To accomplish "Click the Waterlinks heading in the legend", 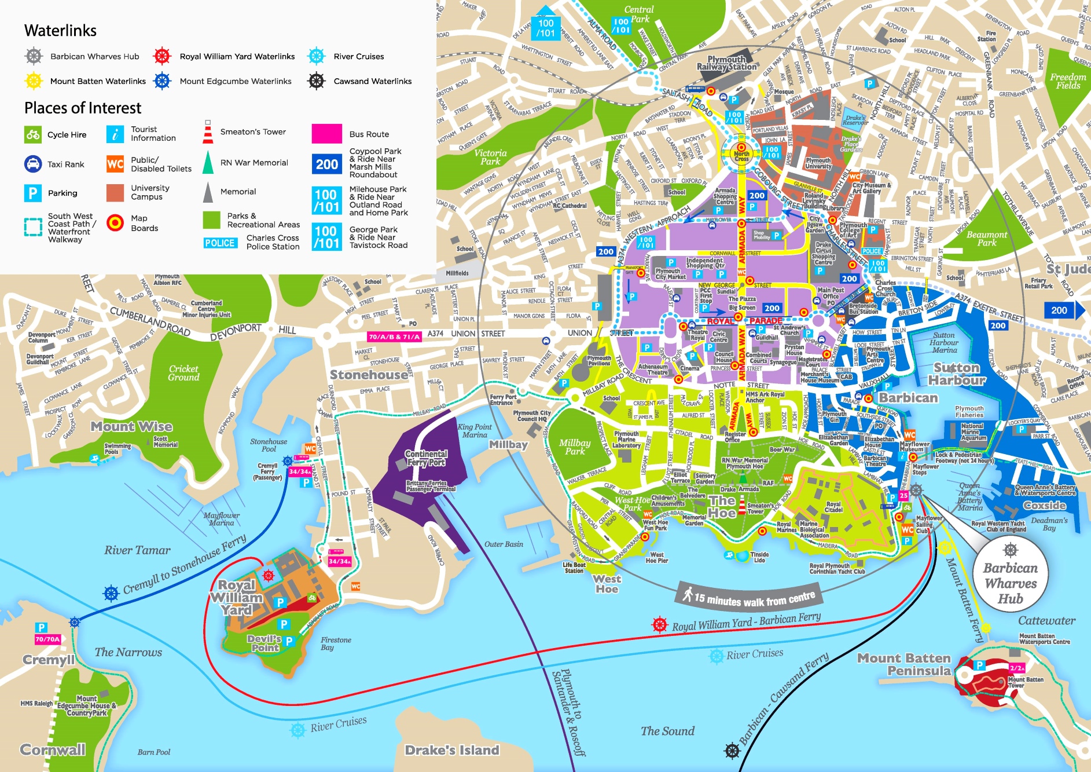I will (60, 31).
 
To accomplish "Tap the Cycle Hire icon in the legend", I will (33, 135).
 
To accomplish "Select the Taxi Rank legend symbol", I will (33, 164).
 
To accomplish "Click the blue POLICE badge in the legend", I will (220, 243).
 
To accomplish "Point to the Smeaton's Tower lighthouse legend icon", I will (208, 133).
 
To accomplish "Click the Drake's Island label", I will (451, 751).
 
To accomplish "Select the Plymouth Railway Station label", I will (726, 63).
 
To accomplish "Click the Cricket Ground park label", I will (183, 373).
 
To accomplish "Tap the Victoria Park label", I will (490, 157).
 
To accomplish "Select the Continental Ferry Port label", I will (427, 458).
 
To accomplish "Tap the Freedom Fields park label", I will (1068, 81).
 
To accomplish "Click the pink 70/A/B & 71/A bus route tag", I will (394, 336).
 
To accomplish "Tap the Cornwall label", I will (53, 750).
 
